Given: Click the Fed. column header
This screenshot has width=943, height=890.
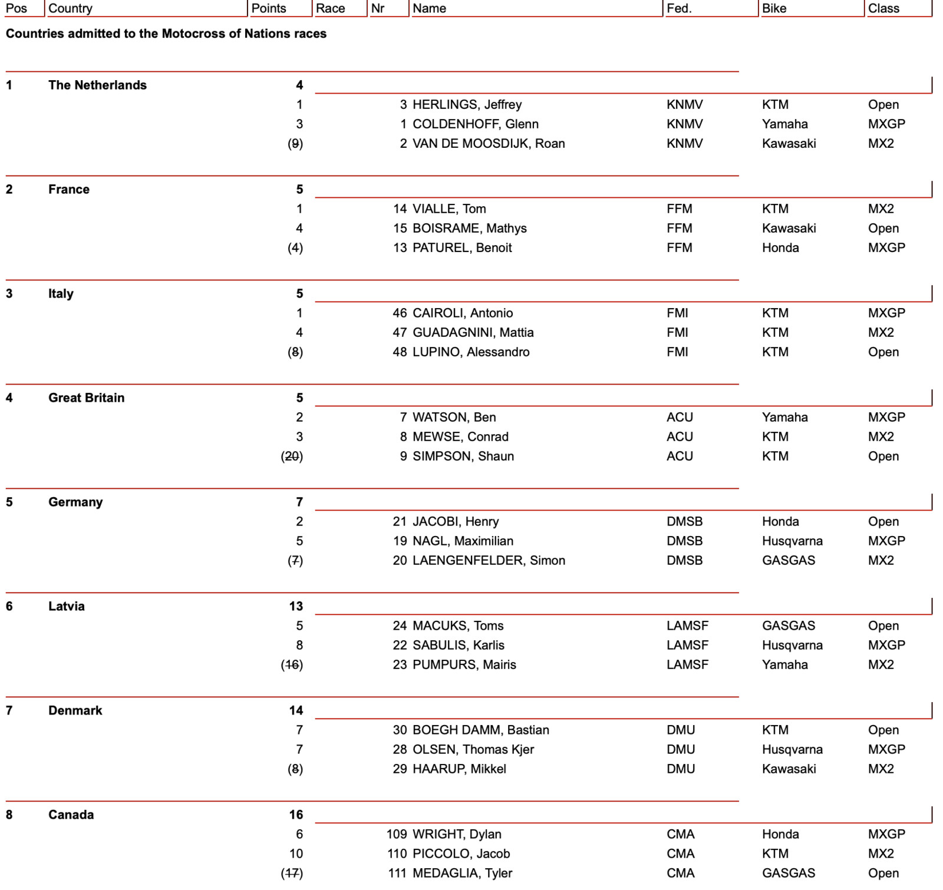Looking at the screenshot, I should [679, 8].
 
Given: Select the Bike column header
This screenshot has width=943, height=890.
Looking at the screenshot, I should [774, 8].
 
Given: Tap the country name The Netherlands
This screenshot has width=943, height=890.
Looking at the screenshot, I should [97, 85].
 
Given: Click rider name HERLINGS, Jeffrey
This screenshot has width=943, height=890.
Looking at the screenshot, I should [467, 104].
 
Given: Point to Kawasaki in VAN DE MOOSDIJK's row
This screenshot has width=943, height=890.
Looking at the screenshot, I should [789, 143].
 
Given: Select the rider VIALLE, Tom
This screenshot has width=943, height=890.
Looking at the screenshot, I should [449, 209].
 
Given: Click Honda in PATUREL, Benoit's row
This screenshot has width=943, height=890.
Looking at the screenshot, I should [780, 247].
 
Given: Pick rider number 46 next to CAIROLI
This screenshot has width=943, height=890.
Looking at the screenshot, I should [400, 313].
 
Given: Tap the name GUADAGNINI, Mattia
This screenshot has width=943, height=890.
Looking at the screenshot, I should [473, 332].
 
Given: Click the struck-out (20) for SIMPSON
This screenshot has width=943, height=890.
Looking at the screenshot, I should [292, 456].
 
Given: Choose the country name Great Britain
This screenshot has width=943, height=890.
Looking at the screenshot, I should [86, 398].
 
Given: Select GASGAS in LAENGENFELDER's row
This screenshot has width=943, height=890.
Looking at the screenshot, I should [789, 560].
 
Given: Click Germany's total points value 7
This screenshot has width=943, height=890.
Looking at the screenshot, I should [299, 502].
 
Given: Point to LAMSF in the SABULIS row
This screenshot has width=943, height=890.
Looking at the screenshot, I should [687, 645].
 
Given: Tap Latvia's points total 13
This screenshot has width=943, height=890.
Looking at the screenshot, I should [296, 606].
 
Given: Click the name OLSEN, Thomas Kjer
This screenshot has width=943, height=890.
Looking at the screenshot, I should [473, 749].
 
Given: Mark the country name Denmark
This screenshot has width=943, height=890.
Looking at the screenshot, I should [75, 710].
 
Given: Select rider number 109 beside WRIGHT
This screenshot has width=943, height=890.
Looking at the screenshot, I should [397, 834].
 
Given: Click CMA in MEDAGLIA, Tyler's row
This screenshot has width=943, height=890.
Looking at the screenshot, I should [680, 873].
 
